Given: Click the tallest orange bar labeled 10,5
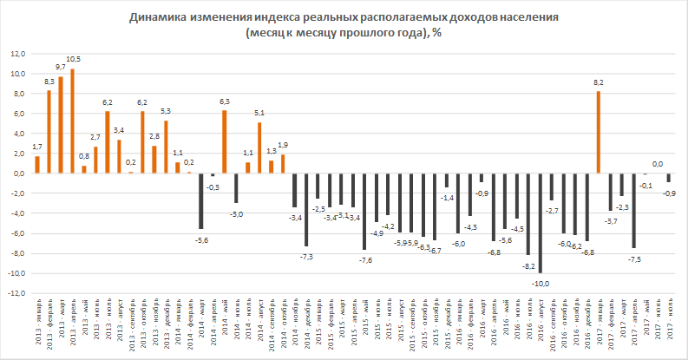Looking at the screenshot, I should point(72,121).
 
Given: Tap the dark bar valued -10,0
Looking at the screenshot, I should point(540,223).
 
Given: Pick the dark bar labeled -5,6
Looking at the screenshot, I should point(200,201).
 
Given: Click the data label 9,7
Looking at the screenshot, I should point(61,67).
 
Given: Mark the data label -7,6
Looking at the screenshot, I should point(366,259).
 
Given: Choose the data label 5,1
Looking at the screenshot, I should point(259,112).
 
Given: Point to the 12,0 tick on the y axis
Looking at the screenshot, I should point(18,53).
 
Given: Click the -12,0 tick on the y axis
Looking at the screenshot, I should point(16,294).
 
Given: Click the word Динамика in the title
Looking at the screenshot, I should point(161,16).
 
